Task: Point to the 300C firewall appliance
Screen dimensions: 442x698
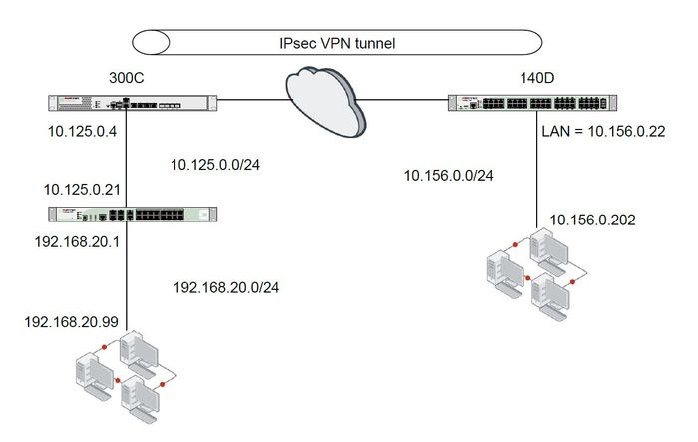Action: coord(129,102)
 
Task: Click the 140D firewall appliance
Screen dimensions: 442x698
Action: coord(530,102)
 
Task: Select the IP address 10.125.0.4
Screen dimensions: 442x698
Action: coord(81,131)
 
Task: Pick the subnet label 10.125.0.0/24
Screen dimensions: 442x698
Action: coord(221,164)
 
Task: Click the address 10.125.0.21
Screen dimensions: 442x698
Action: coord(83,188)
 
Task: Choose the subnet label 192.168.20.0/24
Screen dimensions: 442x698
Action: coord(226,287)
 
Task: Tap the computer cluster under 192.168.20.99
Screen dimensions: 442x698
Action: coord(124,373)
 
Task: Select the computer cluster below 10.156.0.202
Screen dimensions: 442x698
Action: coord(532,272)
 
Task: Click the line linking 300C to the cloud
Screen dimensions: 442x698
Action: coord(249,100)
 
